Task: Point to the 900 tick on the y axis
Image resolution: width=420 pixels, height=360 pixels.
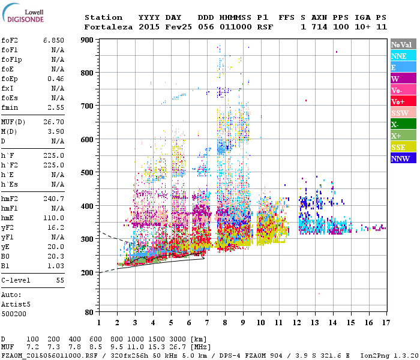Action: [87, 40]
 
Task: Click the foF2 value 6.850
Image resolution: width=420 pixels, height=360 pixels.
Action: [53, 40]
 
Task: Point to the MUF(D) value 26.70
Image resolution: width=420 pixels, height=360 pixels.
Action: [53, 122]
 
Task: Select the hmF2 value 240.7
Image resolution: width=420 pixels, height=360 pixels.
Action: [53, 198]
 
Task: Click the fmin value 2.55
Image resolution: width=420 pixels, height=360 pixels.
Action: [55, 107]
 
